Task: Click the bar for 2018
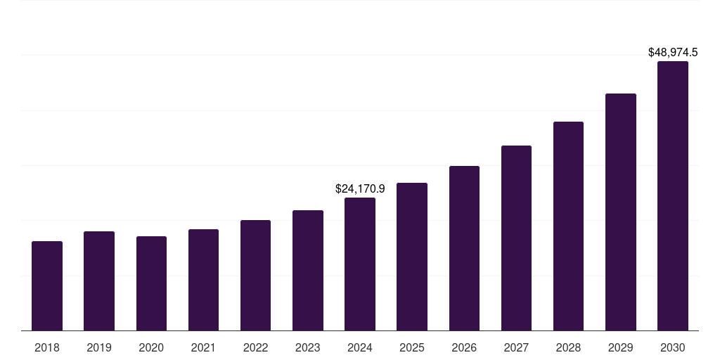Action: [x=47, y=285]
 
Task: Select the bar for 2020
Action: [x=151, y=283]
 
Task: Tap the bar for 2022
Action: [x=255, y=275]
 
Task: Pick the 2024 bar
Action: [x=360, y=264]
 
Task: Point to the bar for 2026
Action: [x=464, y=248]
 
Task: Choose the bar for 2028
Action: [x=568, y=226]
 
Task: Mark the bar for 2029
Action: [x=621, y=212]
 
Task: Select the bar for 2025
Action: [x=412, y=257]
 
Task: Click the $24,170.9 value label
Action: [x=360, y=188]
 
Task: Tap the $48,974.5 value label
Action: [x=673, y=52]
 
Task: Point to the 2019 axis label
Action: [x=99, y=347]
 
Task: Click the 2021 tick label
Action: [x=203, y=347]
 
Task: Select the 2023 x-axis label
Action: [x=308, y=347]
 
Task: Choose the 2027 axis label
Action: [x=516, y=347]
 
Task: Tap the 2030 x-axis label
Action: [x=673, y=347]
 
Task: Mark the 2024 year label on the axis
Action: [x=360, y=347]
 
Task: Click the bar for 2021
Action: [x=203, y=280]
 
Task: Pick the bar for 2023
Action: [x=308, y=270]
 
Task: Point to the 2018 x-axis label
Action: [x=47, y=347]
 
